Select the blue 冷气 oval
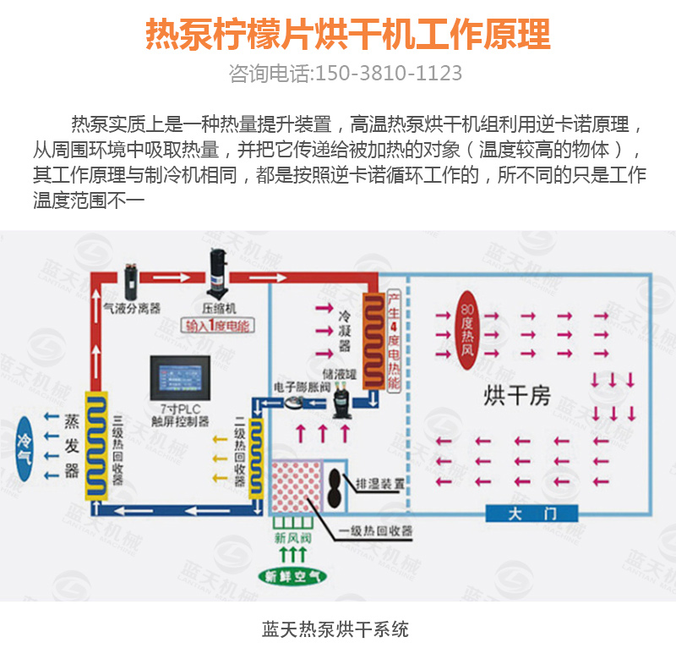[25, 447]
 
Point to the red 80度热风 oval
[469, 328]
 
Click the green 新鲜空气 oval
[292, 577]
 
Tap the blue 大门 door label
[532, 513]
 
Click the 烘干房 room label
[516, 394]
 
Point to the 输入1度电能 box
[218, 326]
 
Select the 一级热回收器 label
[375, 531]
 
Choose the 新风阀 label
[292, 537]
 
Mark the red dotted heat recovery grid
[297, 490]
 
